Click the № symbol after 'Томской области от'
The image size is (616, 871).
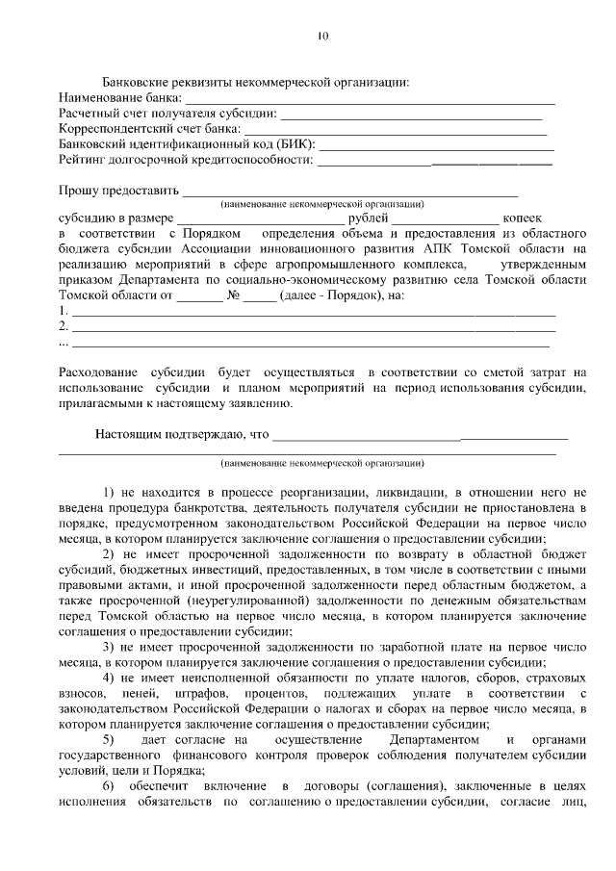(x=233, y=295)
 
